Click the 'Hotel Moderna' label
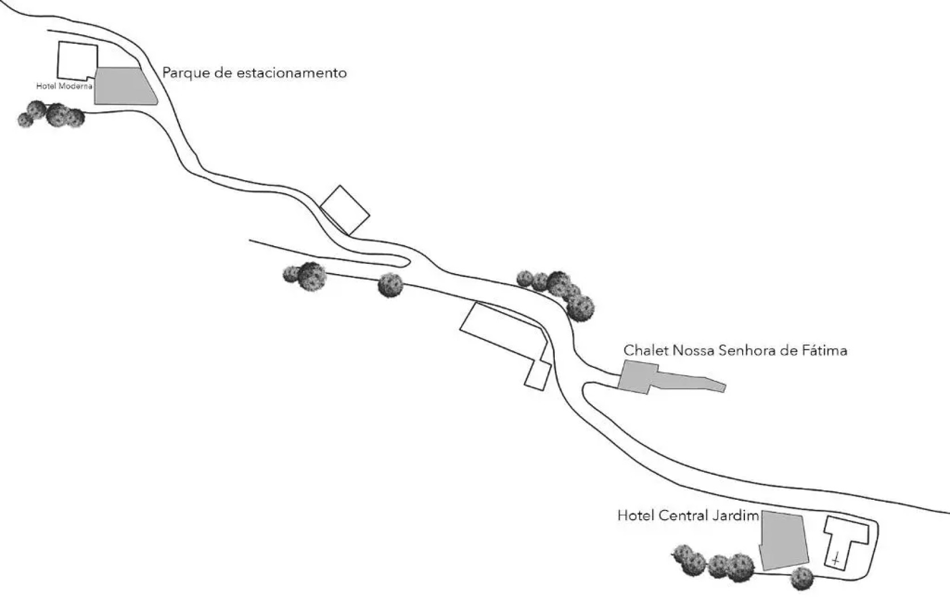tap(64, 86)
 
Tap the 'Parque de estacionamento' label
tap(254, 73)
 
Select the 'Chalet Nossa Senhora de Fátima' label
tap(735, 350)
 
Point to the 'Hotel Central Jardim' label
tap(688, 516)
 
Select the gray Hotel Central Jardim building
tap(784, 541)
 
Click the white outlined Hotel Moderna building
tap(77, 60)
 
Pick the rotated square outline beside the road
tap(345, 210)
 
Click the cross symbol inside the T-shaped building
tap(835, 559)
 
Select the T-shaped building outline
tap(846, 534)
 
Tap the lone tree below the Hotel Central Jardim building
tap(802, 578)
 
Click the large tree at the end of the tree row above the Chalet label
tap(580, 308)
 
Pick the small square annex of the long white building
tap(537, 375)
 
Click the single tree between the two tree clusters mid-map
tap(390, 285)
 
